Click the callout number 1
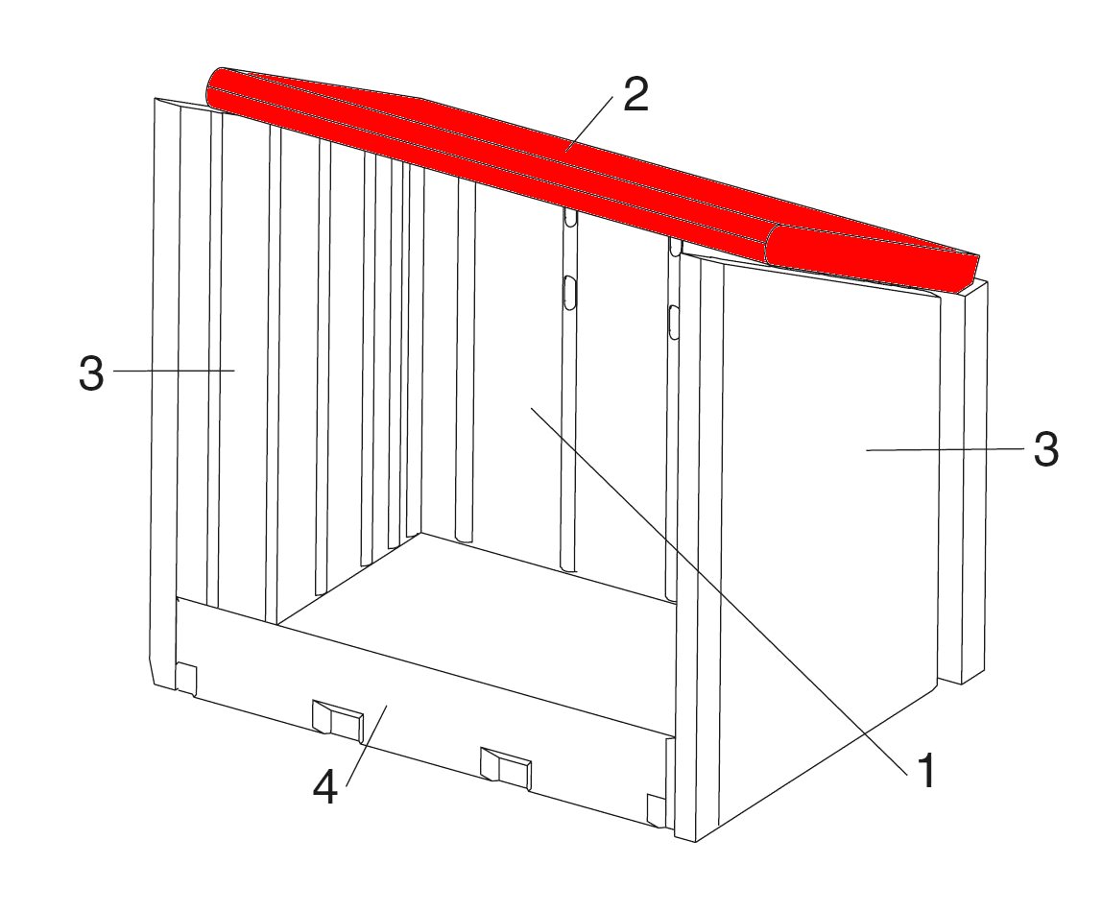pyautogui.click(x=927, y=771)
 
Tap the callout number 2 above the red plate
pyautogui.click(x=635, y=94)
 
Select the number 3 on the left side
pyautogui.click(x=91, y=373)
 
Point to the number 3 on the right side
pyautogui.click(x=1045, y=448)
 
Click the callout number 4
pyautogui.click(x=325, y=786)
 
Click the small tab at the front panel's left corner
pyautogui.click(x=185, y=679)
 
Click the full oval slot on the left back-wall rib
pyautogui.click(x=570, y=292)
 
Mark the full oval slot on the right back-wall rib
pyautogui.click(x=674, y=322)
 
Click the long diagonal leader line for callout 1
pyautogui.click(x=720, y=589)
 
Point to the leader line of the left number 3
pyautogui.click(x=174, y=371)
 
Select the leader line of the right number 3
pyautogui.click(x=946, y=449)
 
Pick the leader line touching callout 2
pyautogui.click(x=589, y=123)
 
